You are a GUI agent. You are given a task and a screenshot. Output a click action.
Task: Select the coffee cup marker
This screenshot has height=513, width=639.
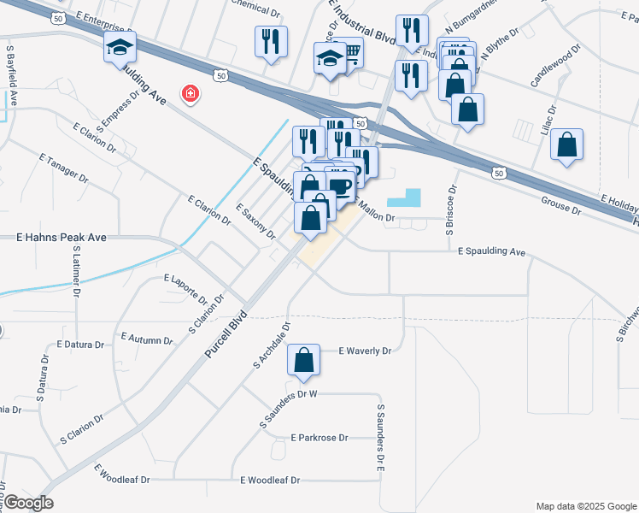pyautogui.click(x=340, y=186)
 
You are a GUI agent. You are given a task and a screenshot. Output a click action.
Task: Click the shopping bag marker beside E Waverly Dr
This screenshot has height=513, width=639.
pyautogui.click(x=303, y=362)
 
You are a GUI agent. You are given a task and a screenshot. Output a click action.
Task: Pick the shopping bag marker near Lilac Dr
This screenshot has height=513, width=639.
pyautogui.click(x=566, y=145)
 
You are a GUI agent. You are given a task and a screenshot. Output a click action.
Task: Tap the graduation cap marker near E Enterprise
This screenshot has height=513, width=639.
pyautogui.click(x=120, y=48)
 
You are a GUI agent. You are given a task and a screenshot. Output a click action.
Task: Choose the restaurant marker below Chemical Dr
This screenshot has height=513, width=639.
pyautogui.click(x=271, y=42)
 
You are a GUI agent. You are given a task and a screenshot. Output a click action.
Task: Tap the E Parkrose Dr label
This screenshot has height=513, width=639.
pyautogui.click(x=319, y=438)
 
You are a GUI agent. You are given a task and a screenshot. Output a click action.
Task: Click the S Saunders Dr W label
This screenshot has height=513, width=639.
pyautogui.click(x=289, y=395)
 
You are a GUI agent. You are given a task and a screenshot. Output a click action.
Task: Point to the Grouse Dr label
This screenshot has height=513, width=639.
pyautogui.click(x=560, y=205)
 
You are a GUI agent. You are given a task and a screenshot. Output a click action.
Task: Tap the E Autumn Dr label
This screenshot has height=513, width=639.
pyautogui.click(x=146, y=339)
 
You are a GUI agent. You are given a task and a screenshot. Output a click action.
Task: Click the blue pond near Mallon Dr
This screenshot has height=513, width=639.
pyautogui.click(x=404, y=198)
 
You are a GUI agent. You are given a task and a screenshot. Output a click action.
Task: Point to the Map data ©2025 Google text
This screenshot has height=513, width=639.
pyautogui.click(x=585, y=505)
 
